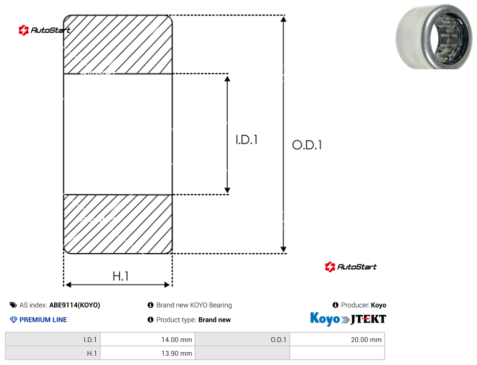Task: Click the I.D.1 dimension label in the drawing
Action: click(247, 140)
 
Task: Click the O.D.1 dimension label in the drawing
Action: click(306, 145)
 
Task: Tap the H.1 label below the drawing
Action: click(121, 276)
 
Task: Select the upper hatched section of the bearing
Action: click(118, 44)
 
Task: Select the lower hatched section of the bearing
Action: click(118, 224)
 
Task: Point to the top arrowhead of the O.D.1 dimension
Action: click(283, 20)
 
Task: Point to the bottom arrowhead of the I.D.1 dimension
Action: click(227, 190)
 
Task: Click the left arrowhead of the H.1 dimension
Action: click(68, 284)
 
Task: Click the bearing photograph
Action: click(434, 37)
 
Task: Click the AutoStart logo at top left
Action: click(44, 30)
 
